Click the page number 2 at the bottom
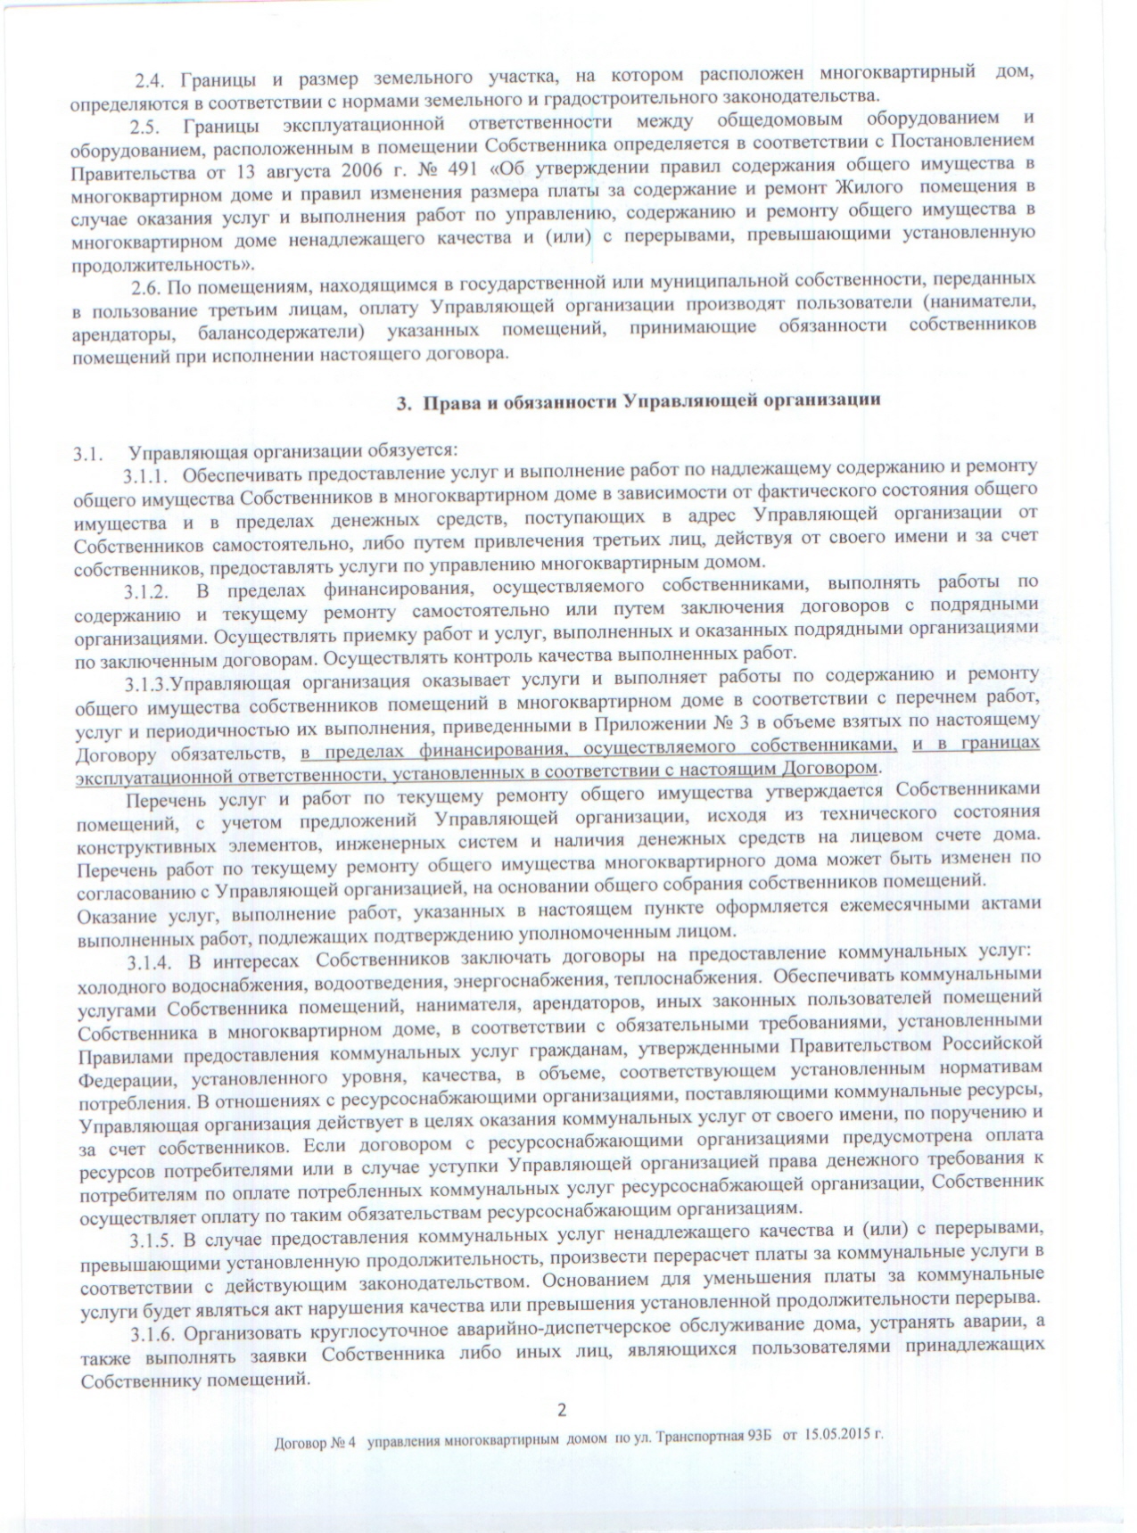(561, 1410)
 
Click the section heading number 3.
(402, 401)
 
